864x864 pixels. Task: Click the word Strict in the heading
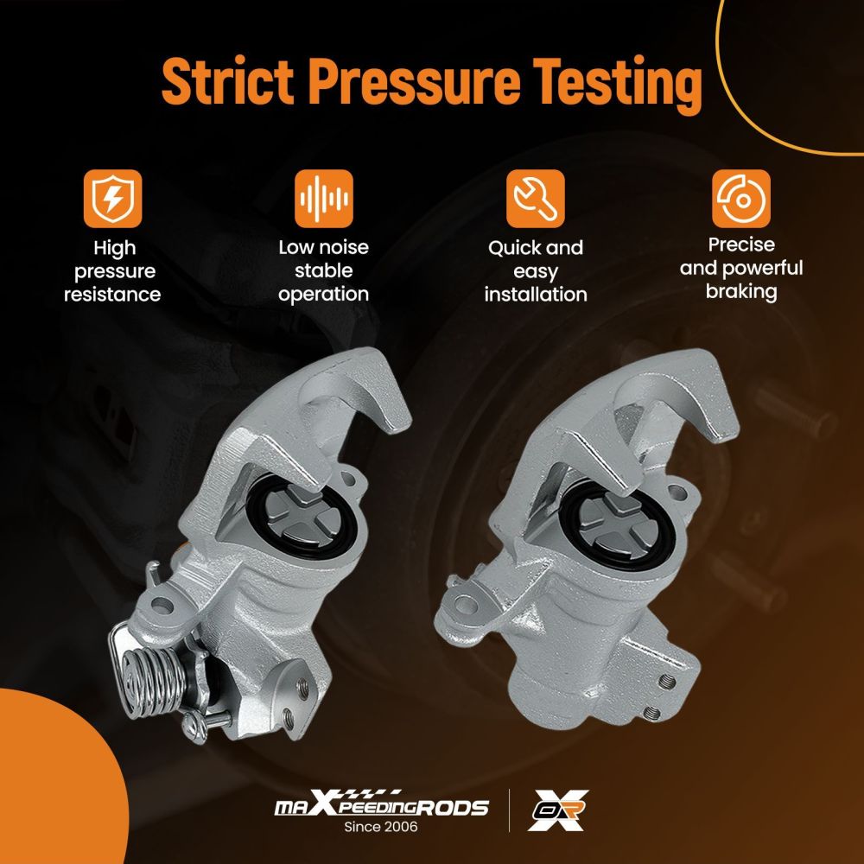(x=227, y=81)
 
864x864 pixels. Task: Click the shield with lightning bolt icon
(x=113, y=199)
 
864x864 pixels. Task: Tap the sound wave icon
(x=323, y=199)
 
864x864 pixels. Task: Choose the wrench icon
(x=536, y=199)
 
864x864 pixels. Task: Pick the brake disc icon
(x=741, y=199)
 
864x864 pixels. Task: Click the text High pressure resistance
(x=113, y=271)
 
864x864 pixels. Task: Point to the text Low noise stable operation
(x=323, y=270)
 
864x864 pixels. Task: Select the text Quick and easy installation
(x=536, y=271)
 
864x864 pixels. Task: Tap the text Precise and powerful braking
(x=741, y=269)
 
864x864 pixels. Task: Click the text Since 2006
(x=381, y=827)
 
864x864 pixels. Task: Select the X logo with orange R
(x=557, y=810)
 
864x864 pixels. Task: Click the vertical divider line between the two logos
(x=509, y=810)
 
